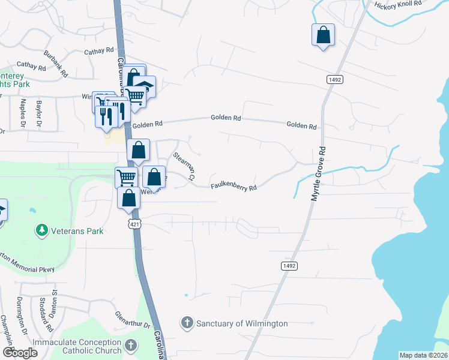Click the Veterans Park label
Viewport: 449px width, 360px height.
[x=77, y=231]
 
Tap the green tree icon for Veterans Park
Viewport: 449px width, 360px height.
[x=42, y=230]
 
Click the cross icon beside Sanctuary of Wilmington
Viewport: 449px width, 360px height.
[x=187, y=323]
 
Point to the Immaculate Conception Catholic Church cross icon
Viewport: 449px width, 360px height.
[x=131, y=346]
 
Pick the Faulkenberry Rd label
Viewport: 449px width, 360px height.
[x=234, y=187]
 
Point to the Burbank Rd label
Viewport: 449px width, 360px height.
[x=52, y=61]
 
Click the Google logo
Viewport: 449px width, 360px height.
[x=20, y=353]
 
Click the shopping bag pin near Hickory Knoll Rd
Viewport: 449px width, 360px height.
[x=323, y=35]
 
